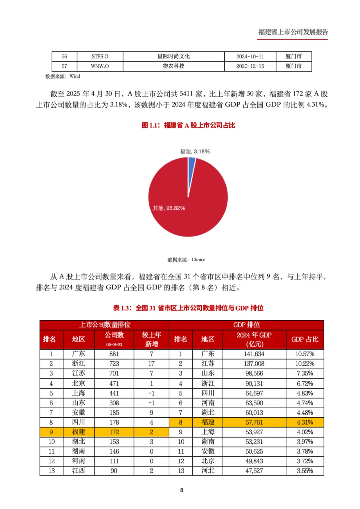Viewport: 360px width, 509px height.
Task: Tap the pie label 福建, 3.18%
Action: click(x=195, y=151)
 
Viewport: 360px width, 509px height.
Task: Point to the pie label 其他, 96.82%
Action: click(x=169, y=208)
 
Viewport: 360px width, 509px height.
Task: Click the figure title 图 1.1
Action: click(x=188, y=125)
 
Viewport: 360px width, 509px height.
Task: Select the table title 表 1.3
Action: click(x=188, y=308)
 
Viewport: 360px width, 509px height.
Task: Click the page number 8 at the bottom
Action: click(x=182, y=490)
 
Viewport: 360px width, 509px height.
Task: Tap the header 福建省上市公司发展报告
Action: click(x=293, y=32)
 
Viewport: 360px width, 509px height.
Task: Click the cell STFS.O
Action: click(x=100, y=56)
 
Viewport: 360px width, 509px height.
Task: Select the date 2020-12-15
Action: click(x=250, y=66)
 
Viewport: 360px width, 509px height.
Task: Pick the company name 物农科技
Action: click(x=173, y=66)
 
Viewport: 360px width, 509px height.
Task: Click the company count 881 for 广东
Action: click(x=114, y=354)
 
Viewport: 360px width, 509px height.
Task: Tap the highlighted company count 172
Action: click(x=114, y=432)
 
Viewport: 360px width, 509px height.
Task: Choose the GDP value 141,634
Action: click(x=254, y=354)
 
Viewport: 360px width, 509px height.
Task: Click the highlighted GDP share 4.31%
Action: click(x=305, y=422)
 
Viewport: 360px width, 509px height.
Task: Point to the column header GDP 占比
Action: click(x=305, y=339)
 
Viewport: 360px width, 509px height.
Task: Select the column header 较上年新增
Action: click(x=151, y=339)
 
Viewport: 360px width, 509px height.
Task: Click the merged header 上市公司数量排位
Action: click(x=104, y=325)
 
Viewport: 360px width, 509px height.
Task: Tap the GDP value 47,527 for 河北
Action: click(x=254, y=471)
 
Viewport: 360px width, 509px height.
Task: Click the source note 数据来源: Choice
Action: click(x=186, y=260)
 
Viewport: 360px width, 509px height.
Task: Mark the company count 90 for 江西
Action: click(x=114, y=471)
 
